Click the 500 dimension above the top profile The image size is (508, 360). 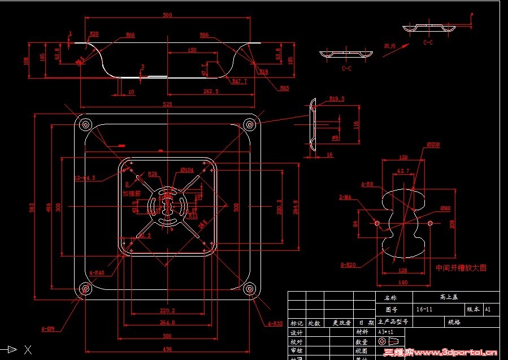pos(167,15)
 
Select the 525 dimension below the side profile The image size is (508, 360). pos(167,104)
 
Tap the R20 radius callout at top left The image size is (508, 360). pos(94,34)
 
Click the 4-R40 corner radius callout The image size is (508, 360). pos(97,273)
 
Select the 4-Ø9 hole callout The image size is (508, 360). pos(47,328)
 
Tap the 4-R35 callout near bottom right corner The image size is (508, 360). pos(274,324)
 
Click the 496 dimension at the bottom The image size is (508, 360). pos(167,349)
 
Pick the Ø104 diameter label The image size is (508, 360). pos(187,170)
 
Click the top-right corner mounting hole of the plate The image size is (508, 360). pos(248,125)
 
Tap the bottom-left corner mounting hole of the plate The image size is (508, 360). pos(86,289)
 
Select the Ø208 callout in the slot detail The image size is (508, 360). pos(433,145)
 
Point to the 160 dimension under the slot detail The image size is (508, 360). pos(402,283)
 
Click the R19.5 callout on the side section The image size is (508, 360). pos(337,98)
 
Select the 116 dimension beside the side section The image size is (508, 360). pos(356,124)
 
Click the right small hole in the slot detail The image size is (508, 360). pos(431,223)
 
